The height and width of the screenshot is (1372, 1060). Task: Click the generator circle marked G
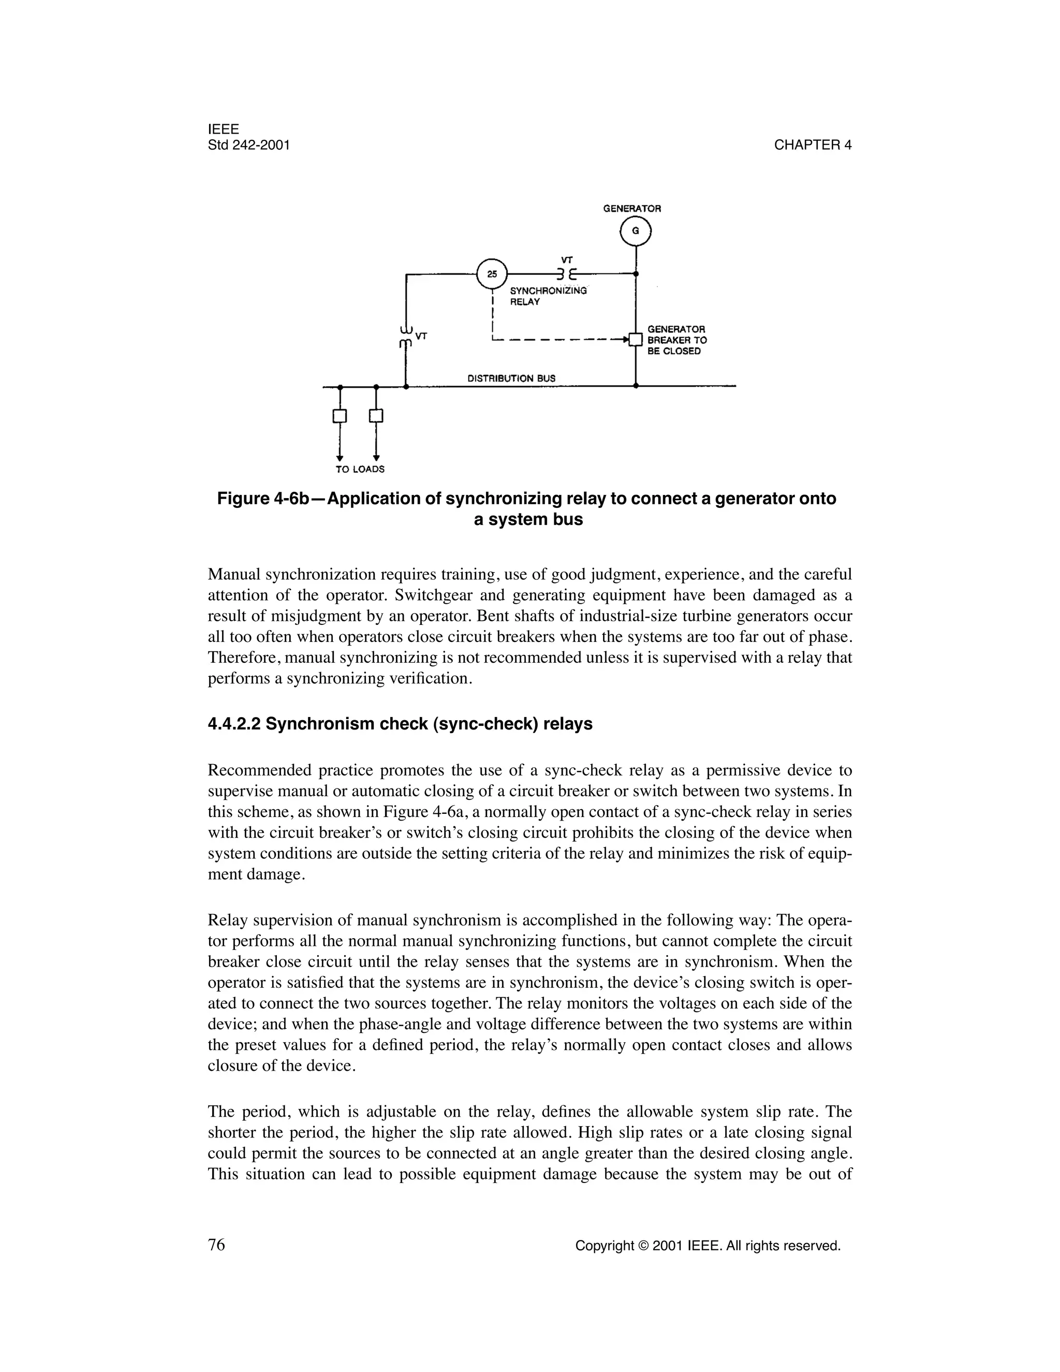(x=636, y=232)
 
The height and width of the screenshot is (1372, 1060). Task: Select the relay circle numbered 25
(x=492, y=274)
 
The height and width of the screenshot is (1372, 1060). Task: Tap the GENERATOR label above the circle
(x=632, y=208)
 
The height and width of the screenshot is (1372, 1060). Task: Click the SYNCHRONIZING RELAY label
(x=548, y=296)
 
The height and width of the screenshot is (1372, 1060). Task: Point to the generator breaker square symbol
(x=636, y=339)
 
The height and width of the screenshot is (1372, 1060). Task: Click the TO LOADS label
(x=360, y=469)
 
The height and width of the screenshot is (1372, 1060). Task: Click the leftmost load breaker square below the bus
(x=340, y=416)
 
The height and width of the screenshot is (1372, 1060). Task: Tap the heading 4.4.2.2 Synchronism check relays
(x=400, y=724)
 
